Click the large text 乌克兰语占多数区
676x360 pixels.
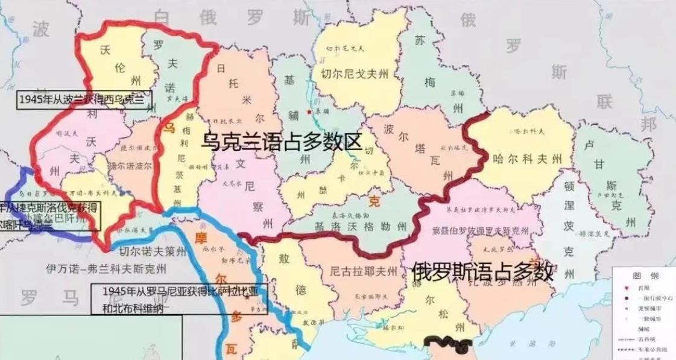pyautogui.click(x=282, y=142)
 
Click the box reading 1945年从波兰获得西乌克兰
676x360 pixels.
pyautogui.click(x=84, y=99)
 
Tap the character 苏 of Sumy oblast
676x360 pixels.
pyautogui.click(x=421, y=40)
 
